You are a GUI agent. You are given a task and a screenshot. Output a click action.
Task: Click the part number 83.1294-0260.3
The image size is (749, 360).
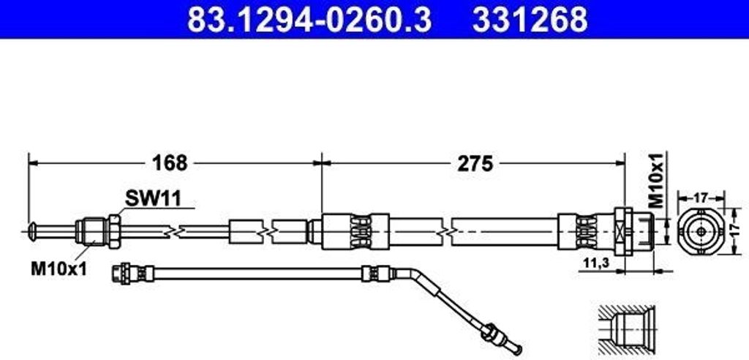click(x=309, y=19)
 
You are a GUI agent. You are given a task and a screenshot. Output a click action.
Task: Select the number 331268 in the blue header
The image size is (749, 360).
click(x=530, y=19)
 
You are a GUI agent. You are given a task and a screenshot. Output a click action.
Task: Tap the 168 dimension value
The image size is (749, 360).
click(x=170, y=163)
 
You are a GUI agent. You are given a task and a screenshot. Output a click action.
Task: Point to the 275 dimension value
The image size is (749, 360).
click(x=475, y=163)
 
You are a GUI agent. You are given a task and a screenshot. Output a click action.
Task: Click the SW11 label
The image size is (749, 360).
click(x=154, y=198)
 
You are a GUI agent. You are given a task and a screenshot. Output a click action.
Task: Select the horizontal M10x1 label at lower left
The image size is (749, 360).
click(x=59, y=269)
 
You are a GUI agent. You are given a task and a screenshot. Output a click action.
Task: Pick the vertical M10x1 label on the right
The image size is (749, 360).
click(x=659, y=180)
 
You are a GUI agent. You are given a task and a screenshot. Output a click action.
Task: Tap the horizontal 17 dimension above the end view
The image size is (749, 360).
click(x=701, y=197)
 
